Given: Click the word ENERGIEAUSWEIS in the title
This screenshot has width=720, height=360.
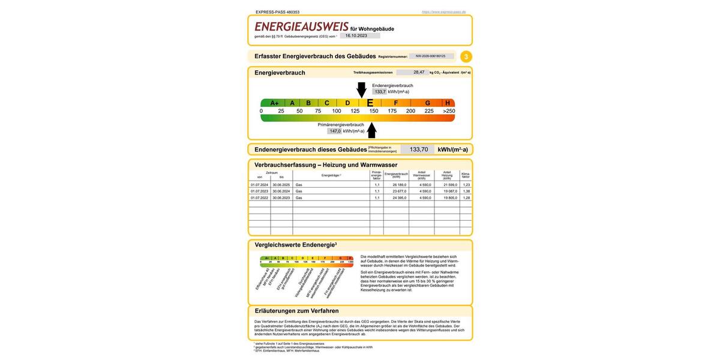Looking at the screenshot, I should [301, 27].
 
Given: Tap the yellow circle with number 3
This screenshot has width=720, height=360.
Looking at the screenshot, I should [466, 57].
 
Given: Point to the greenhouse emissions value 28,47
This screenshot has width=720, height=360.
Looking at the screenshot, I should [419, 72].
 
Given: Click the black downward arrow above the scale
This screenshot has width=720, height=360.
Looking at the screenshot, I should [361, 89].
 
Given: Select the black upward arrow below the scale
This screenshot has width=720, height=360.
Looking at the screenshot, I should [372, 130].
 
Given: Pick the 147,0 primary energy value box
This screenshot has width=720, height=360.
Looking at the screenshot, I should [335, 131].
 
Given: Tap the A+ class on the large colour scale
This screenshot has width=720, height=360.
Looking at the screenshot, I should [274, 103].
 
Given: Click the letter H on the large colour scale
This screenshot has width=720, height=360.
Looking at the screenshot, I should [448, 103].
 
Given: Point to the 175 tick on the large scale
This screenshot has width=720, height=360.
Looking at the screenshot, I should [392, 111].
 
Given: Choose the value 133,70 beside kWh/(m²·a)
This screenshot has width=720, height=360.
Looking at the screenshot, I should [419, 149].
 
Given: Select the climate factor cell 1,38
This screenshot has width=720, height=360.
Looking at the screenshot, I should [466, 191].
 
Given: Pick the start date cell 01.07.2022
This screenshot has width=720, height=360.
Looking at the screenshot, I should [259, 197].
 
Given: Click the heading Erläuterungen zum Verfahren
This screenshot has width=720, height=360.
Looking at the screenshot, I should [296, 311].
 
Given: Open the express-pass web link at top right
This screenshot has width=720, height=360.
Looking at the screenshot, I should [443, 12].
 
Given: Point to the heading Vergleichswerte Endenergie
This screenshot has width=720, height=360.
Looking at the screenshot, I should [296, 245].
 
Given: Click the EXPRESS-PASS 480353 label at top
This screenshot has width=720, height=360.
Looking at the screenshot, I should [277, 12].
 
